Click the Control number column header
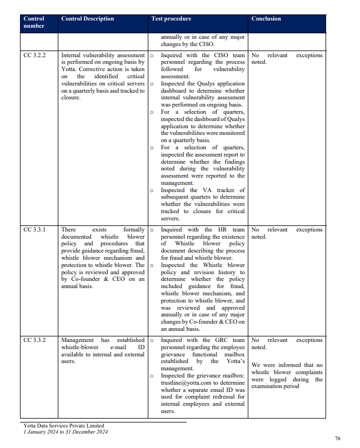[x=33, y=22]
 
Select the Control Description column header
[x=87, y=19]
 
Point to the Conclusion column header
[x=266, y=19]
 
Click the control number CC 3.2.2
[x=34, y=56]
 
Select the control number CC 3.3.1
[x=34, y=230]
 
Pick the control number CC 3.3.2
[x=34, y=340]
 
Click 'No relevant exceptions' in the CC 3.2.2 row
[x=286, y=56]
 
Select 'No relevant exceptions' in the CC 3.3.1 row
[x=286, y=230]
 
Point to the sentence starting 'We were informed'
[x=286, y=365]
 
